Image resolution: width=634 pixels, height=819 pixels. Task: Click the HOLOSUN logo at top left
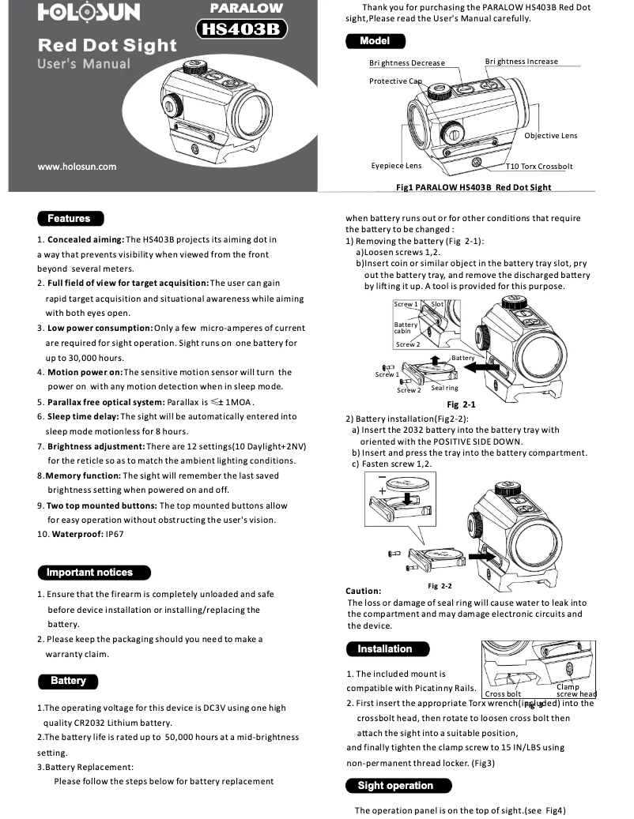pyautogui.click(x=89, y=13)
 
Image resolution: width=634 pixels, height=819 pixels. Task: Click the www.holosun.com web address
pyautogui.click(x=77, y=167)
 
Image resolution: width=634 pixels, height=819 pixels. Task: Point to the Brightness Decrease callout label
pyautogui.click(x=406, y=63)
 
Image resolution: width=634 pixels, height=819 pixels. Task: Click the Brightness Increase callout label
pyautogui.click(x=521, y=62)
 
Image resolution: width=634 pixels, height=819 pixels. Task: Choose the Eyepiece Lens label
pyautogui.click(x=396, y=166)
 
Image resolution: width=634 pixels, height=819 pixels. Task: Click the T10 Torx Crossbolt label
pyautogui.click(x=541, y=167)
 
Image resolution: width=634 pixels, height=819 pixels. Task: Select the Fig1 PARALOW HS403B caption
pyautogui.click(x=473, y=188)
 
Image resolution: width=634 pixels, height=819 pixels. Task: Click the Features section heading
pyautogui.click(x=70, y=219)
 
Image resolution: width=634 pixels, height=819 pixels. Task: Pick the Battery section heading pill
pyautogui.click(x=69, y=681)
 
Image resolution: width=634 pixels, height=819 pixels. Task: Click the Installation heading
pyautogui.click(x=387, y=649)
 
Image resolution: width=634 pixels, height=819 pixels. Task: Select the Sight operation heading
pyautogui.click(x=398, y=786)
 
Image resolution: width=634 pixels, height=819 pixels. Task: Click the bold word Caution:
pyautogui.click(x=364, y=591)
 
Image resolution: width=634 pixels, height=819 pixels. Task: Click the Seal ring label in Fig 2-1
pyautogui.click(x=444, y=388)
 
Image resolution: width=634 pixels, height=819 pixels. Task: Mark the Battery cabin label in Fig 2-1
pyautogui.click(x=406, y=328)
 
